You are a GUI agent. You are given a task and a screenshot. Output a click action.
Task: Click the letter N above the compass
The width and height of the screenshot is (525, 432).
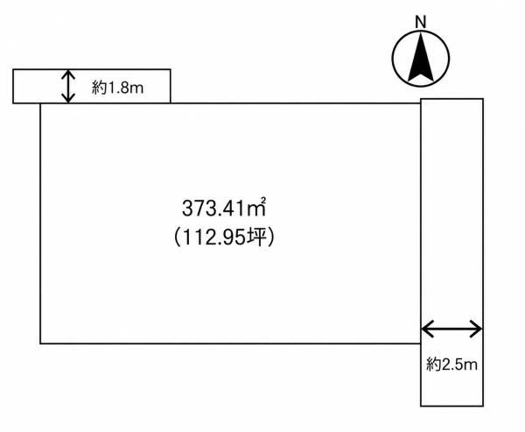tap(421, 22)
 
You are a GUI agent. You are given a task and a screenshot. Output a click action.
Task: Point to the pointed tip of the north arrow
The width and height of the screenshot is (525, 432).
tap(421, 32)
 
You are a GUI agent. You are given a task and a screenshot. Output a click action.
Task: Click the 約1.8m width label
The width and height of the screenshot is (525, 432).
tap(117, 89)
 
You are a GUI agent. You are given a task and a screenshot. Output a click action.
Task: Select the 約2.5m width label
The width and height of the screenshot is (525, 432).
tap(451, 365)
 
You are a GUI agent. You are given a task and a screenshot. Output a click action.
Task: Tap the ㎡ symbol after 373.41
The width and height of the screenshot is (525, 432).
tap(256, 207)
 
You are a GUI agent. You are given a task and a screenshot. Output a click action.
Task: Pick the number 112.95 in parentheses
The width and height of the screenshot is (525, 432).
tap(213, 238)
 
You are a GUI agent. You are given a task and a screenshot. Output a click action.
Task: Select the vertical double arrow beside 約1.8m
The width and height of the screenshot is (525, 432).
tap(68, 86)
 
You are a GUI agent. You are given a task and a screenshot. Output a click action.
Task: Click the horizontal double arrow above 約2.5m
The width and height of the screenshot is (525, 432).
tap(451, 329)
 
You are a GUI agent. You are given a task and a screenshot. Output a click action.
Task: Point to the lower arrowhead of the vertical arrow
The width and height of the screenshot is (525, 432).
tap(68, 98)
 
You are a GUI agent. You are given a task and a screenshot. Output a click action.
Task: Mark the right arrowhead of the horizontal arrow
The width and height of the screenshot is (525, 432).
tap(477, 329)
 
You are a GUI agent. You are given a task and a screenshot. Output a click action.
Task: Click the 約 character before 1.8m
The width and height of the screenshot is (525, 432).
tap(99, 89)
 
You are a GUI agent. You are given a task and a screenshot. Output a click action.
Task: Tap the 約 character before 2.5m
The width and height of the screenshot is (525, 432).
tap(433, 365)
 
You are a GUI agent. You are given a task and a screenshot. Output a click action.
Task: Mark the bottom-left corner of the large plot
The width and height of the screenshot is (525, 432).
tap(40, 343)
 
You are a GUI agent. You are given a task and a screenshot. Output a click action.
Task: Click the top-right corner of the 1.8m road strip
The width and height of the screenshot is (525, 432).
tap(171, 69)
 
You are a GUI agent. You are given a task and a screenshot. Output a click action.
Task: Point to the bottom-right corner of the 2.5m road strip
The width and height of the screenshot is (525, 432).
tap(483, 406)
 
